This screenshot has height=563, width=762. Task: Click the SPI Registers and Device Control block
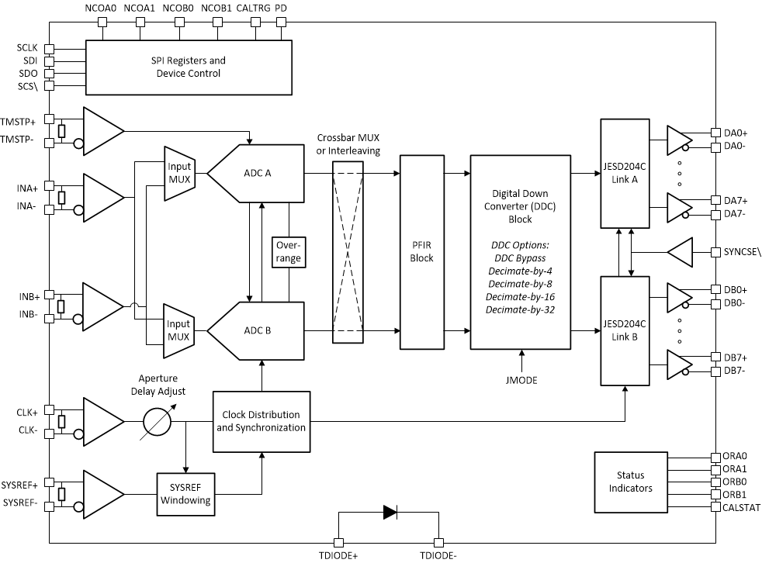coord(189,67)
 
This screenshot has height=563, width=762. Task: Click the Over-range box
coord(288,252)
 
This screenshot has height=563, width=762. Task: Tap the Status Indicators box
coord(631,482)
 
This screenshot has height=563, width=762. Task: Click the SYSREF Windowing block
coord(185,495)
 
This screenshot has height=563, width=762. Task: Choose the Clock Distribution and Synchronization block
coord(262,422)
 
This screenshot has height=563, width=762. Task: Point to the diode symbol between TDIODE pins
coord(389,513)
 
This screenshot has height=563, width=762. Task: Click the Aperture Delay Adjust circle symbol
coord(158,422)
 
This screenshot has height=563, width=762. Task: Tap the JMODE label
coord(521,380)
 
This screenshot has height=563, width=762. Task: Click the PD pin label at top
coord(281,8)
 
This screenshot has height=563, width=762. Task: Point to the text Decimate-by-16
coord(521,296)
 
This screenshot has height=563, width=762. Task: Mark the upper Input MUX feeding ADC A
coord(178,174)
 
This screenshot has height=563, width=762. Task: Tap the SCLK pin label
coord(26,48)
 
